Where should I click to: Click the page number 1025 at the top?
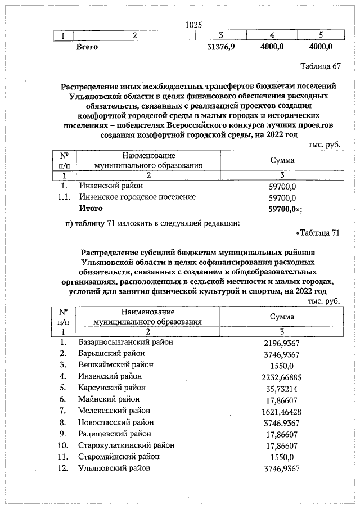tap(193, 25)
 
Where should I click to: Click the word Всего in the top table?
tap(87, 47)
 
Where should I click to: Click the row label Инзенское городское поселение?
tap(137, 197)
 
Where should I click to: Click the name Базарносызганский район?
tap(125, 341)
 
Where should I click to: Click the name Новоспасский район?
tap(115, 422)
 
